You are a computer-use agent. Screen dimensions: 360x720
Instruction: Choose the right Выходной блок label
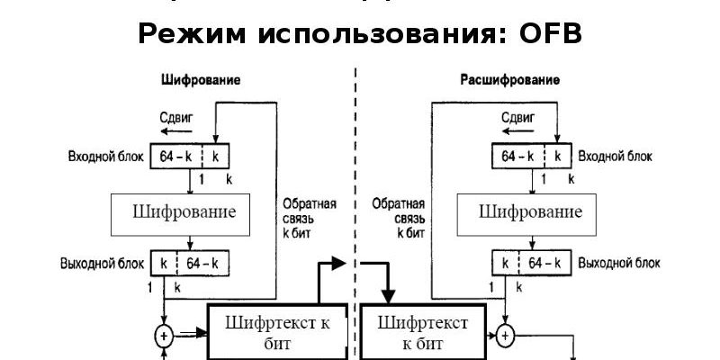pyautogui.click(x=618, y=264)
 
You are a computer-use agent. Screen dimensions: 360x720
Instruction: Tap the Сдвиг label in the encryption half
pyautogui.click(x=175, y=116)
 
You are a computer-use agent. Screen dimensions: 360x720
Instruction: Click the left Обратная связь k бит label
pyautogui.click(x=310, y=218)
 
